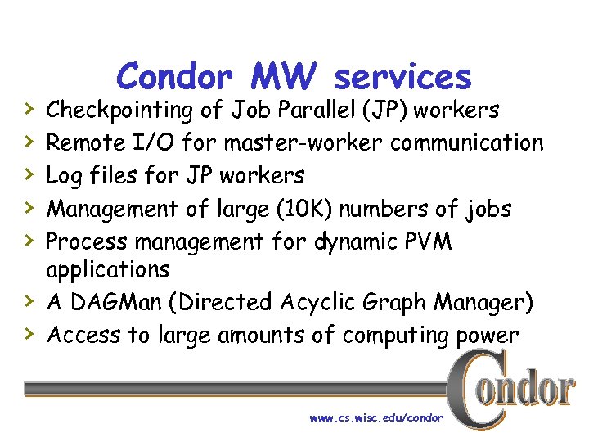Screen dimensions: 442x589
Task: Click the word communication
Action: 467,143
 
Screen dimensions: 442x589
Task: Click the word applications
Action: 108,269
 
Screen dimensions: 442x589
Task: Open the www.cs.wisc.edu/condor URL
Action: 376,417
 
